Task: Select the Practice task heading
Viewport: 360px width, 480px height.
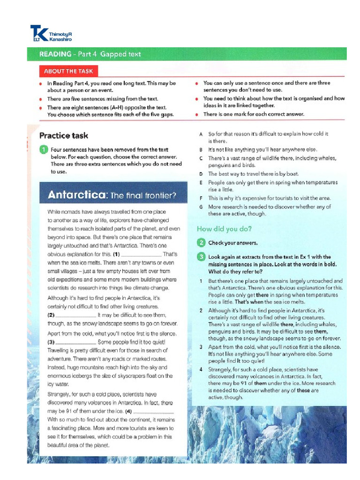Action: (63, 136)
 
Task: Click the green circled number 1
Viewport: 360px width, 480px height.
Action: (44, 150)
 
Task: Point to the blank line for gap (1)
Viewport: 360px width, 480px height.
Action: (139, 254)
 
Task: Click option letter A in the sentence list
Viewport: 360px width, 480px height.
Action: (201, 134)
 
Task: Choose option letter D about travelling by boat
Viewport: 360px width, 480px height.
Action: (201, 174)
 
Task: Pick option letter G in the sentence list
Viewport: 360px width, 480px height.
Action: (201, 207)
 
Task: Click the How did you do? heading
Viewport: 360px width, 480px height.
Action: (224, 229)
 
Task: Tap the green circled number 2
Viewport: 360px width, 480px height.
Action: (201, 243)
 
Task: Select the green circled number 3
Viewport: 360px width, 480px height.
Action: (201, 257)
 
